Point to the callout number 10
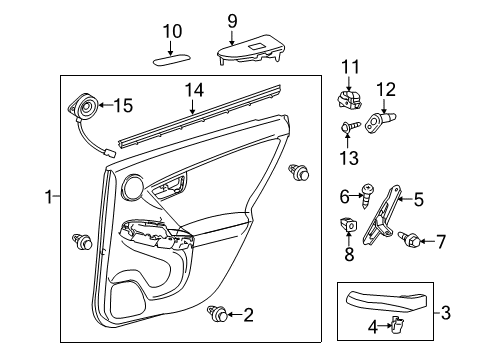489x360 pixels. coord(172,30)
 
